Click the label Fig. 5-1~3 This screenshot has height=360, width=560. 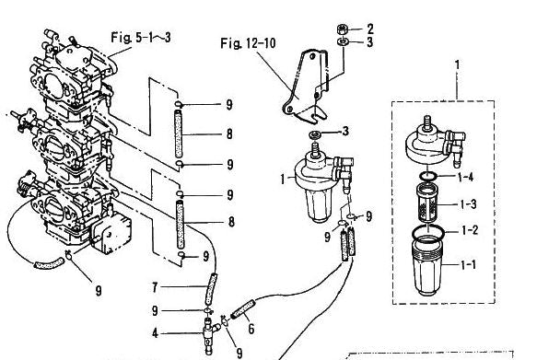(x=140, y=37)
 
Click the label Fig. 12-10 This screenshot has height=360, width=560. (x=248, y=43)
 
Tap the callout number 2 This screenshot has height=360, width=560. (x=369, y=29)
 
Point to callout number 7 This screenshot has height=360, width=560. (x=155, y=287)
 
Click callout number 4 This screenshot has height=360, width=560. (x=155, y=333)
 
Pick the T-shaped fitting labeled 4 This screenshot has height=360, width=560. (x=210, y=333)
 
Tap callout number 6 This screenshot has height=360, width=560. (x=251, y=329)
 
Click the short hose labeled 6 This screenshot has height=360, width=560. (x=242, y=309)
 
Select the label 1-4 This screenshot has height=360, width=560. (x=465, y=177)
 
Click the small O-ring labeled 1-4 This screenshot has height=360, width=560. (x=428, y=176)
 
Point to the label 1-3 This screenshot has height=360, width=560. (x=468, y=204)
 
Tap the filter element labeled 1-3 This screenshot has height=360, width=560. (x=427, y=203)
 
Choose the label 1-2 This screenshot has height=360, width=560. (x=470, y=230)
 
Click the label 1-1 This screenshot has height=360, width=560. (x=468, y=265)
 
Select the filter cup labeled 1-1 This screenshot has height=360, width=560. (x=426, y=266)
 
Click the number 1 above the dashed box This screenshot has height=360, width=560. (x=457, y=64)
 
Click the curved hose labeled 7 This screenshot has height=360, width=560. (x=211, y=289)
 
